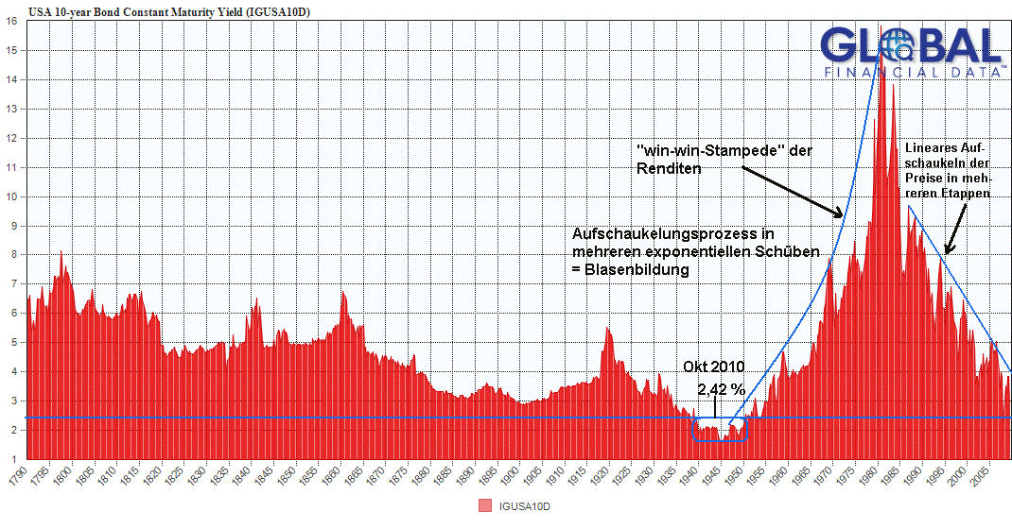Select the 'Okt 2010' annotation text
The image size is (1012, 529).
(714, 367)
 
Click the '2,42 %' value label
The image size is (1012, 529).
(722, 388)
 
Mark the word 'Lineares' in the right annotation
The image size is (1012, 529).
(932, 149)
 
